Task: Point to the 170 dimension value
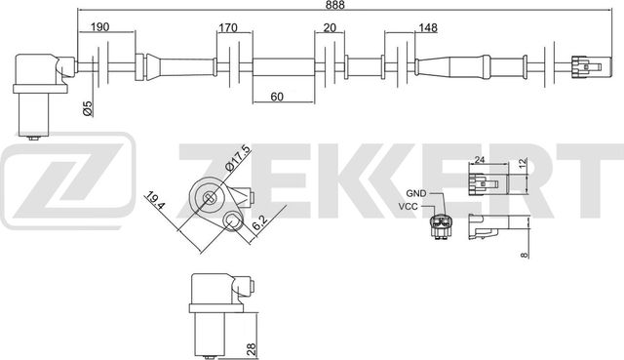click(x=230, y=28)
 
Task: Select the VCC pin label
click(x=411, y=207)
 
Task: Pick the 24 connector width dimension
click(x=479, y=163)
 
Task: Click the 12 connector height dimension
click(x=523, y=165)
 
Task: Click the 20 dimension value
click(x=330, y=28)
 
